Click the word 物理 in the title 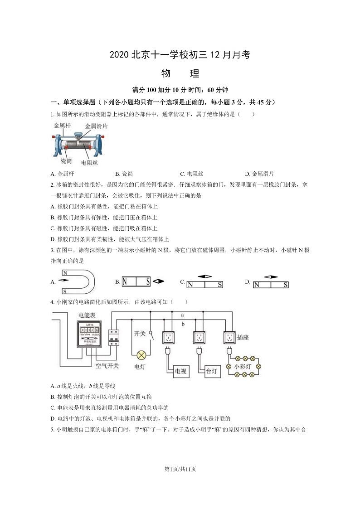point(180,73)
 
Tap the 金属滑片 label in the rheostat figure point(96,126)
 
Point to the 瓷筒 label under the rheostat point(66,161)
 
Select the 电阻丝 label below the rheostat point(89,162)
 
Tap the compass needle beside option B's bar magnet point(158,281)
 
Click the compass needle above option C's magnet point(205,276)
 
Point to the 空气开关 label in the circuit point(107,365)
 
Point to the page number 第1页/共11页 point(180,469)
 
